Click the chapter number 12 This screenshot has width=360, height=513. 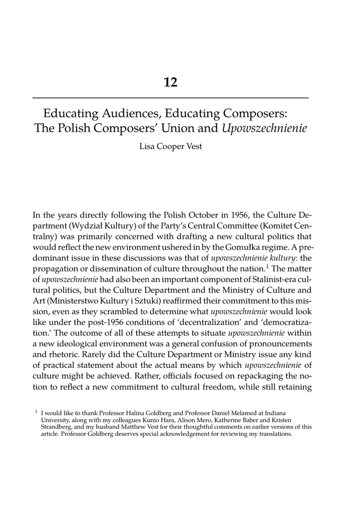[x=170, y=82]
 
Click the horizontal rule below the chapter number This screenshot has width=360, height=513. [x=170, y=98]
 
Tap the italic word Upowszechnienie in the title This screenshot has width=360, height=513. [x=264, y=129]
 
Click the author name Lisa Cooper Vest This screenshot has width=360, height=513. [x=170, y=147]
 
